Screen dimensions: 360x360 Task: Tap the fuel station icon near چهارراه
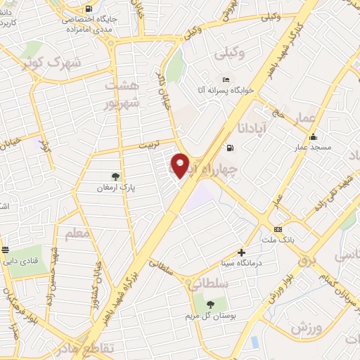pos(229,148)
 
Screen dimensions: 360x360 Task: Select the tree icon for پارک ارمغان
pos(116,176)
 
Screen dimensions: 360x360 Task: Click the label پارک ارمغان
pos(116,188)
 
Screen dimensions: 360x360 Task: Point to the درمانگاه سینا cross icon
pos(242,252)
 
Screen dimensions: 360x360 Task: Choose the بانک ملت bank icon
pos(278,229)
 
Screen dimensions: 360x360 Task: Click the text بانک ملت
pos(278,240)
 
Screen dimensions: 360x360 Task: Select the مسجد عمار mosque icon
pos(313,137)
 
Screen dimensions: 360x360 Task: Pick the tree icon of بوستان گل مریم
pos(210,304)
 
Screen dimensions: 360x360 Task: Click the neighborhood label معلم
pos(77,232)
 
